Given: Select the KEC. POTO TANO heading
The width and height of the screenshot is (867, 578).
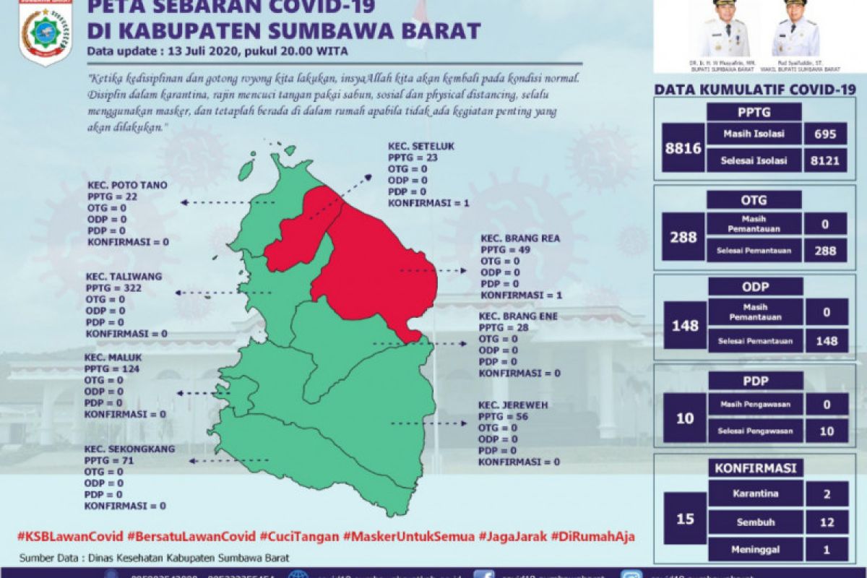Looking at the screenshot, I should tap(127, 185).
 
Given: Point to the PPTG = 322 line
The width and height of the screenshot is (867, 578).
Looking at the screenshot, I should tap(114, 288).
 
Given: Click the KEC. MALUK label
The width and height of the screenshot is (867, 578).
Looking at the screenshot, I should tap(113, 356).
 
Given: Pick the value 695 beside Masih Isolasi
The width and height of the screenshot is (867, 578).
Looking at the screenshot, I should tap(824, 134).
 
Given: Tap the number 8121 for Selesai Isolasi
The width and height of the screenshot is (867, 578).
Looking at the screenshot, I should tap(824, 160).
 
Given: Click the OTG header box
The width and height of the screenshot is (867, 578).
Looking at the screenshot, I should tap(754, 199).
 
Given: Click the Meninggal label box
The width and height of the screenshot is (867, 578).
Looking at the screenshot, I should tap(754, 549).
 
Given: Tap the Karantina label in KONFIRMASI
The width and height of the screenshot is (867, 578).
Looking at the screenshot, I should tap(754, 495).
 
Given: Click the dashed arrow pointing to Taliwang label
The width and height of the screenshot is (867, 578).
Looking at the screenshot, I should tap(224, 293).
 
